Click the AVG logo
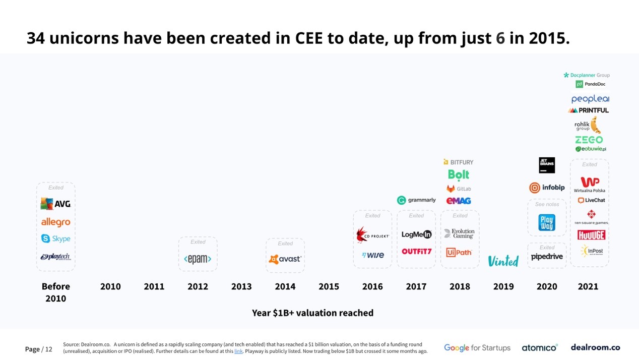coord(55,204)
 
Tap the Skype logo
coord(55,238)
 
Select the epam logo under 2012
coord(198,259)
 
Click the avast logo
coord(285,259)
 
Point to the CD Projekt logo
coord(372,235)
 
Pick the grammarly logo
coord(416,200)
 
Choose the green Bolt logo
coord(459,174)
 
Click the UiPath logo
coord(459,252)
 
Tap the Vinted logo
coord(503,261)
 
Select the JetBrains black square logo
coord(547,165)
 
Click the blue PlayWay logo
coord(547,222)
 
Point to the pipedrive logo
coord(547,257)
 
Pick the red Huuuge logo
coord(591,235)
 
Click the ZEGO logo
coord(589,140)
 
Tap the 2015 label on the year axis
coord(329,286)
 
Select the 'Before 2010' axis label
coord(55,292)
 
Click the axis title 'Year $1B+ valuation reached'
coord(312,313)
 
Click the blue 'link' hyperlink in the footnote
coord(238,351)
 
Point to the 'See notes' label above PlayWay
coord(547,204)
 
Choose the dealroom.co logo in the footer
coord(595,347)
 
